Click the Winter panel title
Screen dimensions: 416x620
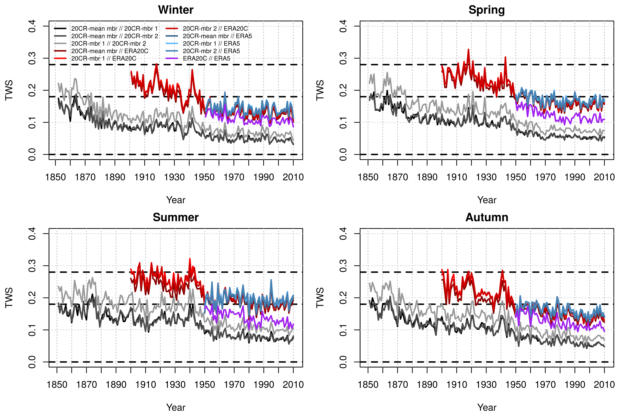coord(176,10)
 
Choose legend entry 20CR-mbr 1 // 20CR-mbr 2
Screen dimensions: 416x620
coord(109,44)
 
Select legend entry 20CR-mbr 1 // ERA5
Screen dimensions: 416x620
coord(211,44)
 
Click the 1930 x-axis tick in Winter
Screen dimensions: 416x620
coord(174,177)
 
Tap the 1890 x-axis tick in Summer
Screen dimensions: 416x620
coord(116,384)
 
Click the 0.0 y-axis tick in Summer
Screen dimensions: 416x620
coord(32,362)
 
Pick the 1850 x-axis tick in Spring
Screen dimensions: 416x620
coord(368,177)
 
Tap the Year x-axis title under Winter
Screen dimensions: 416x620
coord(176,200)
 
